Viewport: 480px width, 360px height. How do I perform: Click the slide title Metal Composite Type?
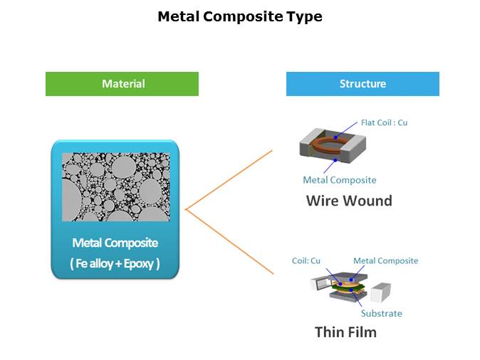click(239, 16)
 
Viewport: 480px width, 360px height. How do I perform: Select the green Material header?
click(122, 84)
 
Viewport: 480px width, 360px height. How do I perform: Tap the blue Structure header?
click(362, 84)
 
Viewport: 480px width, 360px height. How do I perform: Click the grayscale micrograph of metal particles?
click(116, 186)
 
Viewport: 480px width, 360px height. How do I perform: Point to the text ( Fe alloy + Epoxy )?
click(115, 264)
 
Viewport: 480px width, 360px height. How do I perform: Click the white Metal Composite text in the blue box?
click(115, 243)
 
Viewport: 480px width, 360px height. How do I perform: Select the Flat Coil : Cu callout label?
click(384, 122)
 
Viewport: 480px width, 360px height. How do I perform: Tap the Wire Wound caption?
click(349, 201)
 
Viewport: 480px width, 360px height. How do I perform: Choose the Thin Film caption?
click(345, 332)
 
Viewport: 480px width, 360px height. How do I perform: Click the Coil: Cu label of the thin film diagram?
click(306, 260)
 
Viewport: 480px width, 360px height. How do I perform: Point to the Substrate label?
click(381, 313)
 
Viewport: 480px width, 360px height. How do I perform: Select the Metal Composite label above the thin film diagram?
click(385, 260)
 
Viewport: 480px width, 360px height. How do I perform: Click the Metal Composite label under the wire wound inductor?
click(340, 180)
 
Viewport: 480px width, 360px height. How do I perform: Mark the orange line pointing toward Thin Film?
click(229, 241)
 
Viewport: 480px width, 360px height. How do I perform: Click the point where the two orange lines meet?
click(185, 210)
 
